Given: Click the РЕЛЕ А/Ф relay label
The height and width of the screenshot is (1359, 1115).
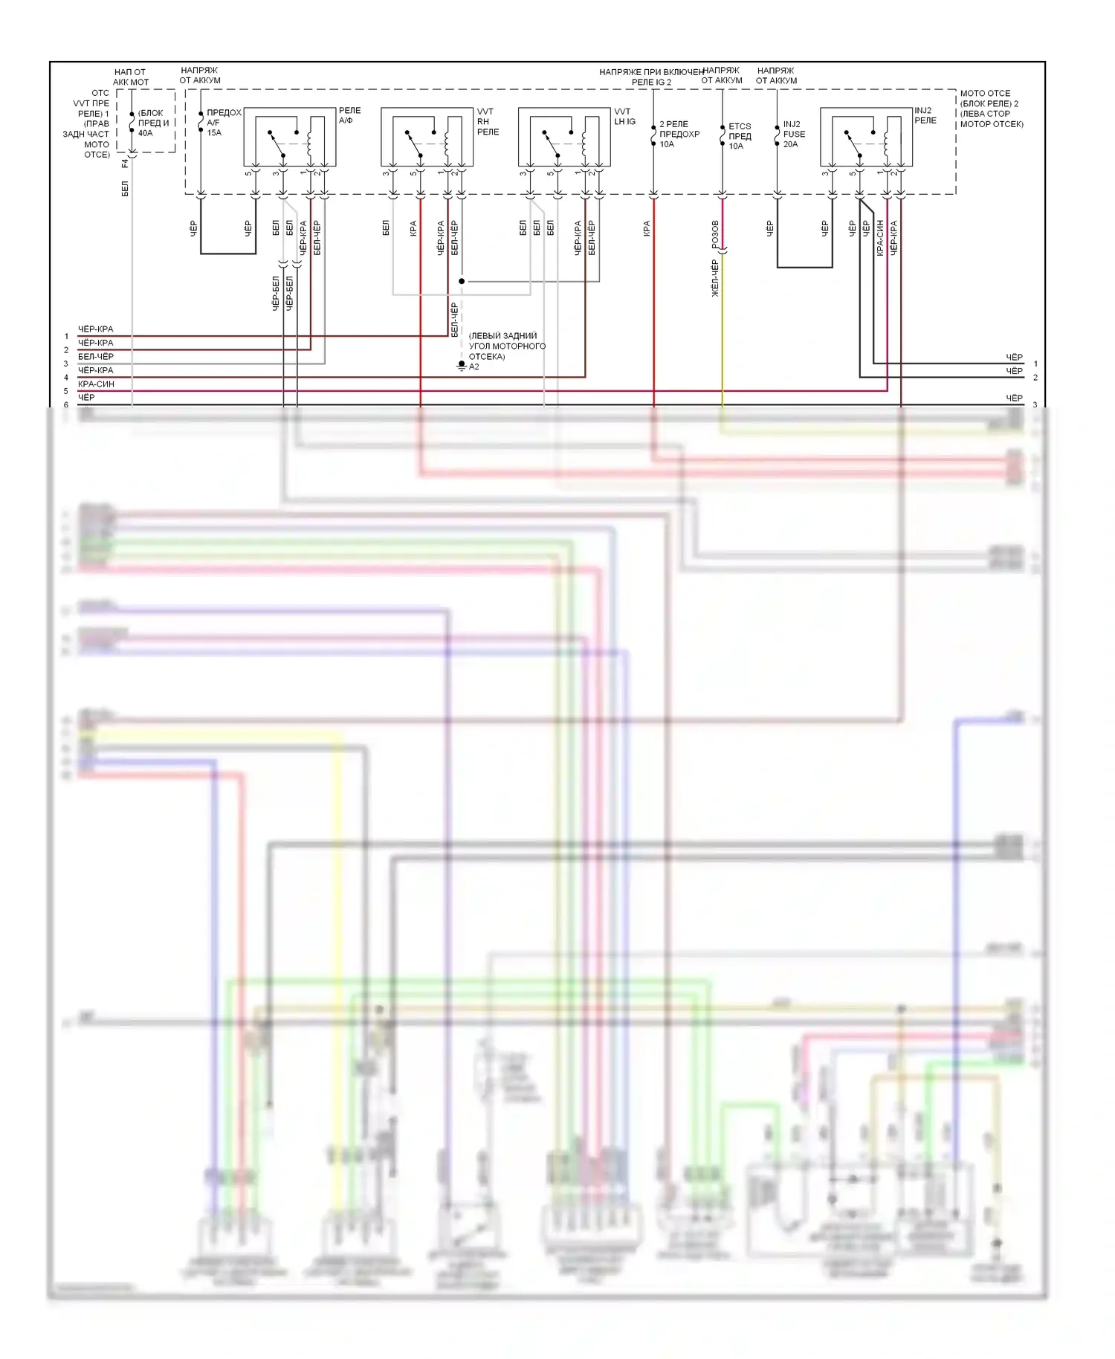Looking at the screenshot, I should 349,115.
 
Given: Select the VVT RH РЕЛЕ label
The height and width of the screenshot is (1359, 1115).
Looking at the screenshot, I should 488,122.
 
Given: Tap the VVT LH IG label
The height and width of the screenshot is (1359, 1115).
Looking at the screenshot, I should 624,117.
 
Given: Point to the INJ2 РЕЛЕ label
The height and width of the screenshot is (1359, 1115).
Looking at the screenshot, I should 925,115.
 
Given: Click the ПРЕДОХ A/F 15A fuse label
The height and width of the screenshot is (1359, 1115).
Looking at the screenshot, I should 223,123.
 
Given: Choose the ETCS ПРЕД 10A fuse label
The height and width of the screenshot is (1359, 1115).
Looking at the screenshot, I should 740,136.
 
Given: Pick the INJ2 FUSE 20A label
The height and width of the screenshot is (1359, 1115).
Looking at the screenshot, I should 794,135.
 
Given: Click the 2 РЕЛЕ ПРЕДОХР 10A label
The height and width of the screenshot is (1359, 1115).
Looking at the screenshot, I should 679,135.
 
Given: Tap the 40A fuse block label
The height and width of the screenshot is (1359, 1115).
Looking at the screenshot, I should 153,123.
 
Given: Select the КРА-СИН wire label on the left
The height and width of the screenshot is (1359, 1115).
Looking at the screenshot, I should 96,384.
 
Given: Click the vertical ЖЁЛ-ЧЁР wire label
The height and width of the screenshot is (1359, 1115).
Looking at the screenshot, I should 715,278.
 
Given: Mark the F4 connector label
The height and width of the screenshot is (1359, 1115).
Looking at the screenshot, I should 125,163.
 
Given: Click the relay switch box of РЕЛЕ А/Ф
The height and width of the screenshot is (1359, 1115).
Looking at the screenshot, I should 290,137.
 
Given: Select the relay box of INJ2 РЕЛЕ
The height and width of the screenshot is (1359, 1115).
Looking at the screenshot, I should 866,137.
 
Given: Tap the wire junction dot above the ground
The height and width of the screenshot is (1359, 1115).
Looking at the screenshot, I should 462,282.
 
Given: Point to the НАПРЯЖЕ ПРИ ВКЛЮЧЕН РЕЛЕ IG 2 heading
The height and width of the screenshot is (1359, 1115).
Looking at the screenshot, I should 651,77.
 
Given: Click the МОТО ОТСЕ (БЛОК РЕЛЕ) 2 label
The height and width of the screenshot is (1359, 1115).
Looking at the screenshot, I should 991,109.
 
